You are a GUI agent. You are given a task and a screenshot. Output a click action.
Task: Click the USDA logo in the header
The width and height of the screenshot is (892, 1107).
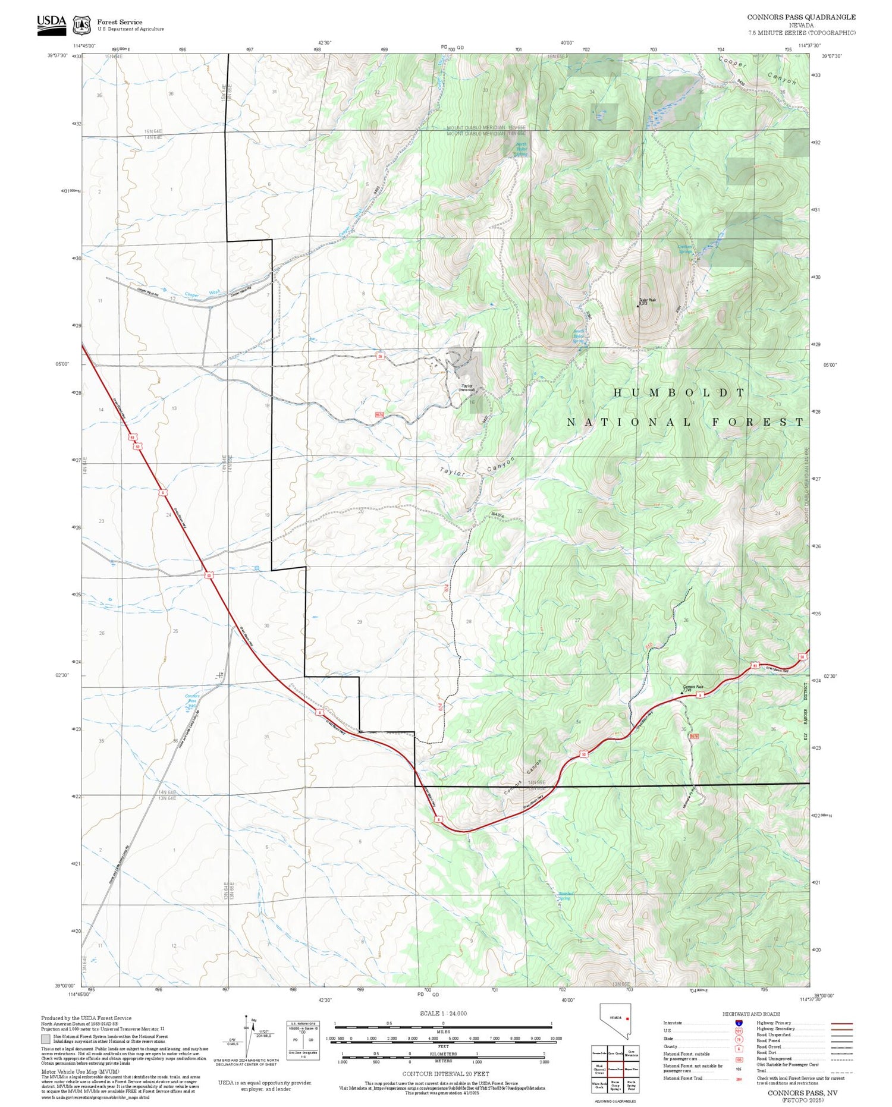point(51,24)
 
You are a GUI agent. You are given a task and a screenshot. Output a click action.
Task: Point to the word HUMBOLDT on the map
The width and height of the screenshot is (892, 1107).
point(679,393)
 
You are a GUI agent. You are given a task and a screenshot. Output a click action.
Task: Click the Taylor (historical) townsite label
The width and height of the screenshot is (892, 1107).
point(467,388)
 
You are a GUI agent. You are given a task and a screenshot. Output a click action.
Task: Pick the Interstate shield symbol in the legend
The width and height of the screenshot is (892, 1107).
point(739,1023)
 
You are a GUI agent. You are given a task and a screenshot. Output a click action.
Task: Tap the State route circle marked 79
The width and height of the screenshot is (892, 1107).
point(739,1039)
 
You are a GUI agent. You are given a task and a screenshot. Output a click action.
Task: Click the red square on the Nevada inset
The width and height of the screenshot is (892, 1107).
point(627,1018)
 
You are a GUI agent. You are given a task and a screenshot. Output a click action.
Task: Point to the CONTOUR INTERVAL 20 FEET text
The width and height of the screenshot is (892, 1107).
point(445,1074)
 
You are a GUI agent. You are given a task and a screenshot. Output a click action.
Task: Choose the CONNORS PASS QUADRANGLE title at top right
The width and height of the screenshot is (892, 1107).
point(801,17)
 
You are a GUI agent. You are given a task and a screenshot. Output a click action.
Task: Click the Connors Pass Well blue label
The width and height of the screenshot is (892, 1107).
point(192,701)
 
